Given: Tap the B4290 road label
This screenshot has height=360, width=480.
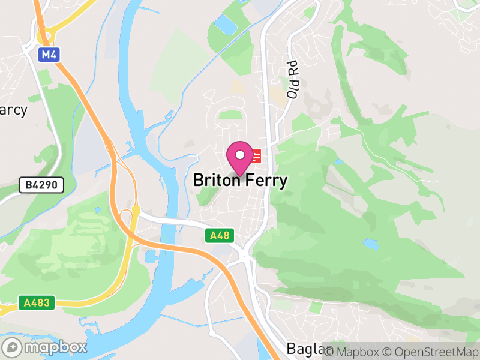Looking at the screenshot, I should tap(41, 185).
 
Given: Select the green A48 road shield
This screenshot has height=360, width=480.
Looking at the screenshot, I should tap(220, 236).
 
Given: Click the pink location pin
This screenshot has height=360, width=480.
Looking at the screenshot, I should tap(240, 158).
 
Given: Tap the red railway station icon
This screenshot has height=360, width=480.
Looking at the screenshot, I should tap(256, 157).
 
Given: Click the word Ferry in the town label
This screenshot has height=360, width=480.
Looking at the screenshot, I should tap(265, 181).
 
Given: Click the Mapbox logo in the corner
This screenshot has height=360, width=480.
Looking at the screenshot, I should tap(45, 347).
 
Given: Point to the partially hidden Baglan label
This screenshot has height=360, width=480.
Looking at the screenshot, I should tap(304, 349).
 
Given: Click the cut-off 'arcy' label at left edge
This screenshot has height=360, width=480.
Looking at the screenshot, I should tap(13, 110).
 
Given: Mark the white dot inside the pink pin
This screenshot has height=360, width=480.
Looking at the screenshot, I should tap(240, 155).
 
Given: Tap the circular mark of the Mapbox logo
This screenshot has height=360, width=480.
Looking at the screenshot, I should tap(13, 347).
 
